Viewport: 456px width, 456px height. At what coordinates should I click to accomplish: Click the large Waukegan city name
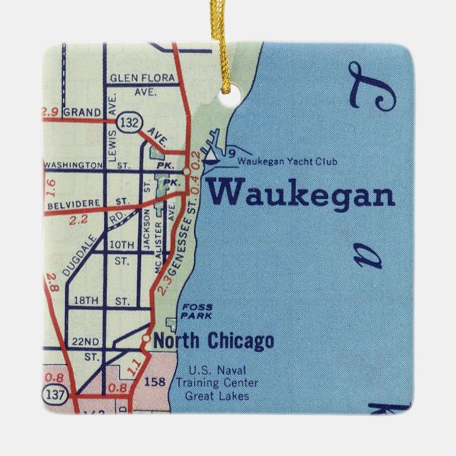tap(300, 193)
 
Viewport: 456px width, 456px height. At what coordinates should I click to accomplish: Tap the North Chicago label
tap(214, 341)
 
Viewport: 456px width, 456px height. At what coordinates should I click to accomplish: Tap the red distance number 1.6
tap(49, 187)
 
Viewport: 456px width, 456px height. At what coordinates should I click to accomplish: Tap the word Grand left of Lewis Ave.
tap(82, 112)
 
